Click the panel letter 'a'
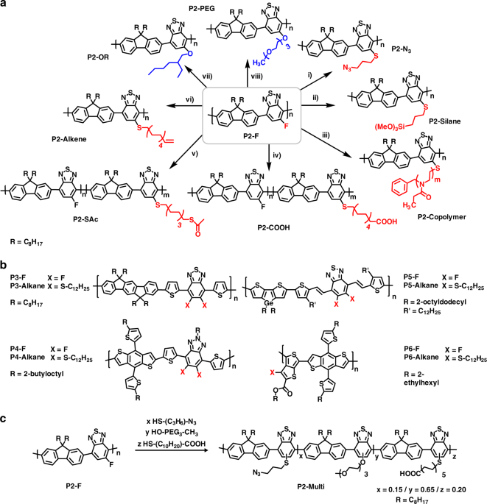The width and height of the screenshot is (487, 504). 5,5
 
